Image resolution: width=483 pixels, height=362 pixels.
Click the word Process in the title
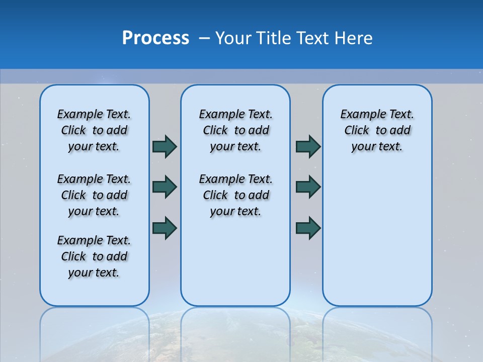coord(155,38)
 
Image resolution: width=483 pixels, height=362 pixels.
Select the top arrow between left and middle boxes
coord(165,147)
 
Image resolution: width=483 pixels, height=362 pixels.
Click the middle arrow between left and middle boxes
coord(165,187)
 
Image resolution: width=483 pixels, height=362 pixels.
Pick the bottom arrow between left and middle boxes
coord(165,227)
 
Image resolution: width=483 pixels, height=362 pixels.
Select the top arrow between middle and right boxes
coord(308,147)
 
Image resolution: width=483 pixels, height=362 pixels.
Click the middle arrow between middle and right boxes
coord(308,187)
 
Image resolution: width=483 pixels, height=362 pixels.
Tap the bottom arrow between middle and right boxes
coord(308,227)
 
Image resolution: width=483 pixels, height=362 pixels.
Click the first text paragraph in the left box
coord(94,130)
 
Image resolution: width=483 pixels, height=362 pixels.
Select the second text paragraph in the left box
coord(94,195)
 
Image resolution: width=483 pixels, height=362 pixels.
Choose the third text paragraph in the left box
coord(94,256)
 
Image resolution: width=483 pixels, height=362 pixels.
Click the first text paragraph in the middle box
coord(235,130)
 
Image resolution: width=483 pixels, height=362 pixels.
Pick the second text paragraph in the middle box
coord(235,195)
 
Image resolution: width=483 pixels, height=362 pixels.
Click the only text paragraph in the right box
coord(377,130)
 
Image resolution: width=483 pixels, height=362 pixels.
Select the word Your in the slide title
coord(233,38)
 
